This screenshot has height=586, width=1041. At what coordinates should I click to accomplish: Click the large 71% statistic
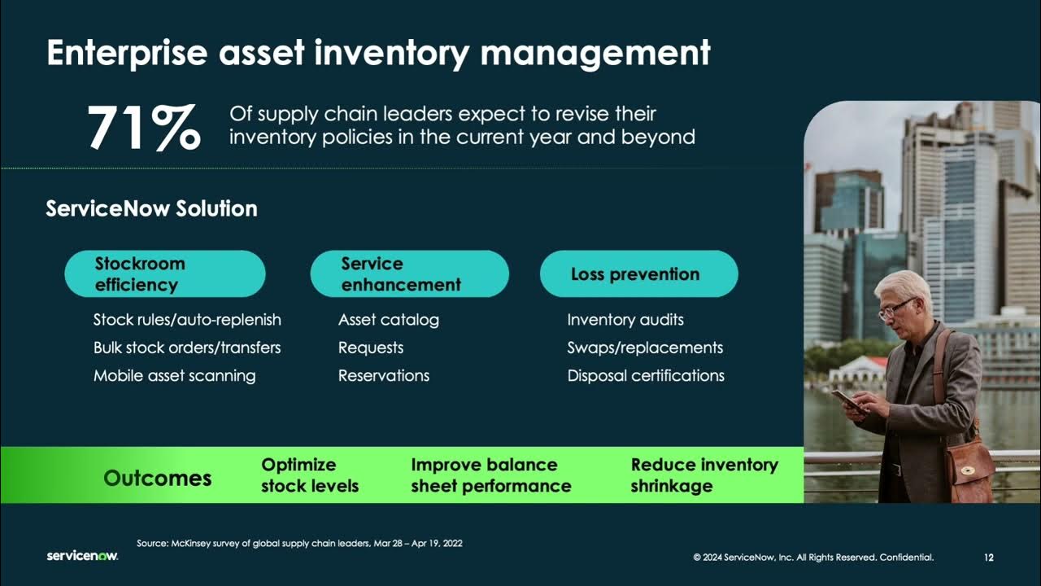tap(143, 128)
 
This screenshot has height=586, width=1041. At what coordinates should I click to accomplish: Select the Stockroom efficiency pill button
tap(165, 274)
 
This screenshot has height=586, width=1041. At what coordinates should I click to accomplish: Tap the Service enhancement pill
tap(409, 274)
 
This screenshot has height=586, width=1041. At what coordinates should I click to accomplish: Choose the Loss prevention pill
tap(638, 274)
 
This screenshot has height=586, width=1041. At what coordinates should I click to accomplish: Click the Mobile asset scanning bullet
tap(174, 375)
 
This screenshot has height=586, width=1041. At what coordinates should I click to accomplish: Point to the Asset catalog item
tap(388, 320)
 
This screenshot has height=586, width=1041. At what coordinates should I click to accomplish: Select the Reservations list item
tap(383, 375)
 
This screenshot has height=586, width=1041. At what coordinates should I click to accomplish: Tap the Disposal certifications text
tap(645, 375)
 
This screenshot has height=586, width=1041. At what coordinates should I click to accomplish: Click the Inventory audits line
tap(625, 320)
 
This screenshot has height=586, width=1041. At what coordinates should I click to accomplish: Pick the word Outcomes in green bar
tap(157, 478)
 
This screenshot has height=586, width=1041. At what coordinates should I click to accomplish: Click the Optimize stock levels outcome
tap(309, 475)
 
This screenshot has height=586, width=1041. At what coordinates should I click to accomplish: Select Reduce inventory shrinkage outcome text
tap(703, 475)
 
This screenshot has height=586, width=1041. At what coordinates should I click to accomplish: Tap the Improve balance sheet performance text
tap(490, 475)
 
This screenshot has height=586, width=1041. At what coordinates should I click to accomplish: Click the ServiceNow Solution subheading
tap(151, 208)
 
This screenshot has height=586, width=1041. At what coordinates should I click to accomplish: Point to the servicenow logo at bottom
tap(82, 556)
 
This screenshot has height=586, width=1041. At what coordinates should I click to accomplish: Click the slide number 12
tap(988, 558)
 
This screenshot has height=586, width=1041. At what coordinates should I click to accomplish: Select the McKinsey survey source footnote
tap(299, 543)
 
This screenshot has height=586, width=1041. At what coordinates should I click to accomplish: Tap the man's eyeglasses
tap(895, 308)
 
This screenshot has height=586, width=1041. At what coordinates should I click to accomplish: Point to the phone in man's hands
tap(847, 400)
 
